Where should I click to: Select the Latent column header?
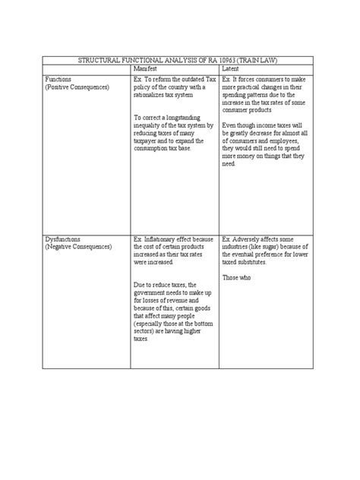229,68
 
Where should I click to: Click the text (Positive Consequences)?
77,87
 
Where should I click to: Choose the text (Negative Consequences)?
78,247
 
